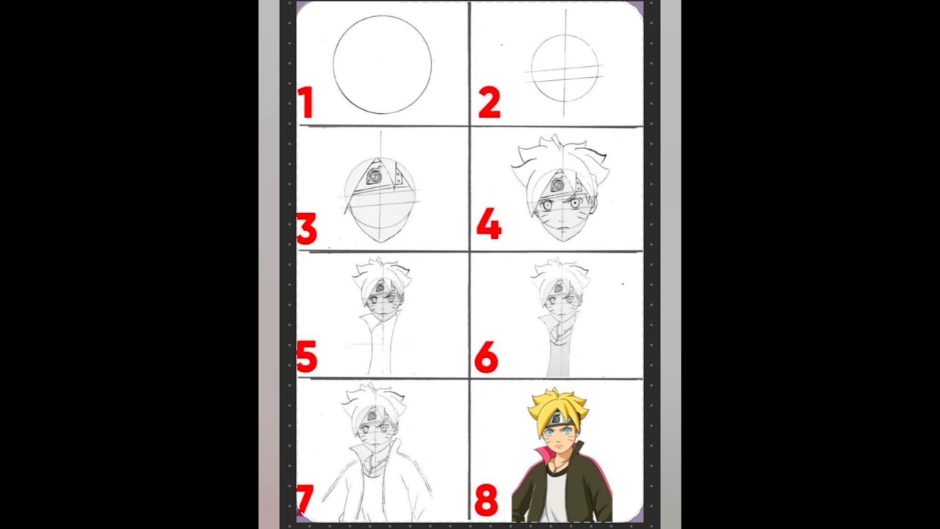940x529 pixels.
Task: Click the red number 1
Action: pyautogui.click(x=305, y=103)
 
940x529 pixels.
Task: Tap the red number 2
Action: pyautogui.click(x=489, y=103)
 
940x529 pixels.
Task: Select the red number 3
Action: pyautogui.click(x=307, y=228)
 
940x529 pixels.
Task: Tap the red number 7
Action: pyautogui.click(x=303, y=499)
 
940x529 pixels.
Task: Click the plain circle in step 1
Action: pyautogui.click(x=382, y=65)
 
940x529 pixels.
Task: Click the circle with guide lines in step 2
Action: pyautogui.click(x=564, y=68)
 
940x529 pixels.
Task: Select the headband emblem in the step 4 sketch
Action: pyautogui.click(x=557, y=184)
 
